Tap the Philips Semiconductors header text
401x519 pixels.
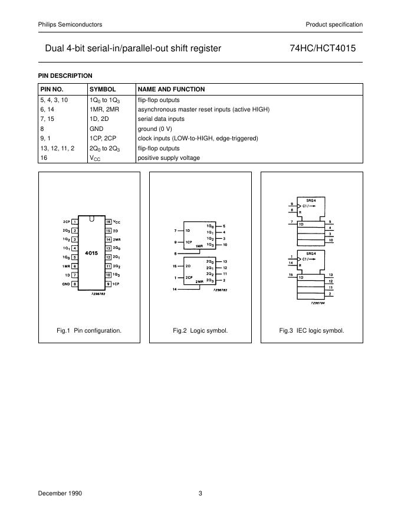(x=70, y=24)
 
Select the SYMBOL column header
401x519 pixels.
(x=103, y=89)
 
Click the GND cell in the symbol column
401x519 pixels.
(x=96, y=129)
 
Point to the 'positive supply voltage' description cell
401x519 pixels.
(x=169, y=158)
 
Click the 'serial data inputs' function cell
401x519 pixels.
(x=161, y=119)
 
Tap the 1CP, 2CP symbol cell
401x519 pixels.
(x=101, y=139)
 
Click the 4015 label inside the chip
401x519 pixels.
(x=91, y=252)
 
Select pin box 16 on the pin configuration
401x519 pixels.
(x=108, y=221)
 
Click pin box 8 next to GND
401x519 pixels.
(x=75, y=284)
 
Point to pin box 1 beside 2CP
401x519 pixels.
(x=75, y=221)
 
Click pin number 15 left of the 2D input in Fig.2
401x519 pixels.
(x=175, y=266)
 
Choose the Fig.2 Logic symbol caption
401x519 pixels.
(x=200, y=331)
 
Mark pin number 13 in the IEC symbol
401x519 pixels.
(x=330, y=275)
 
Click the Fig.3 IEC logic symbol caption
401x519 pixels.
(x=311, y=331)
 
